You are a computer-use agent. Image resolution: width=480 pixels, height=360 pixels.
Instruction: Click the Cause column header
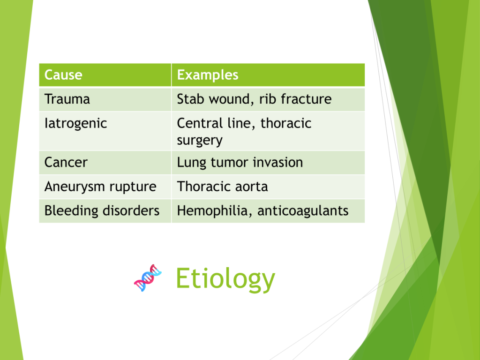[x=105, y=75]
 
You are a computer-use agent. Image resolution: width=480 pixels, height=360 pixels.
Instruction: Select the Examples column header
[x=268, y=75]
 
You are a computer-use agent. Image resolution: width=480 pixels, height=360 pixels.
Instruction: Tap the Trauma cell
[x=105, y=99]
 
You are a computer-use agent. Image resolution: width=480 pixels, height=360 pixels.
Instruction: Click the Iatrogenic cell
[x=105, y=131]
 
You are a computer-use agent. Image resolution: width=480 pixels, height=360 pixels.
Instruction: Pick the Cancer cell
[x=105, y=163]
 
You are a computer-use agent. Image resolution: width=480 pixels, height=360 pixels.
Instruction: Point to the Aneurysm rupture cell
[x=105, y=187]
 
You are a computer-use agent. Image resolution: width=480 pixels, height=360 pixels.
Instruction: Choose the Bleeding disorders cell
[x=105, y=211]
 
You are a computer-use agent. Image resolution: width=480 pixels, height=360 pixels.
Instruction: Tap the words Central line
[x=216, y=124]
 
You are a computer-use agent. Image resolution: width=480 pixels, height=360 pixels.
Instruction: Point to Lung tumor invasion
[x=240, y=163]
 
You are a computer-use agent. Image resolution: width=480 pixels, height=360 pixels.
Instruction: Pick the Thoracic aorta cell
[x=268, y=187]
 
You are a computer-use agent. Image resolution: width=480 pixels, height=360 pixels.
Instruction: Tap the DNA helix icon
[x=148, y=278]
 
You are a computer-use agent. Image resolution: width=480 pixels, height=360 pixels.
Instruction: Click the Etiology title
[x=225, y=278]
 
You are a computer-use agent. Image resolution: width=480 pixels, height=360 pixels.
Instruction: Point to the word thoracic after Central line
[x=286, y=123]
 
